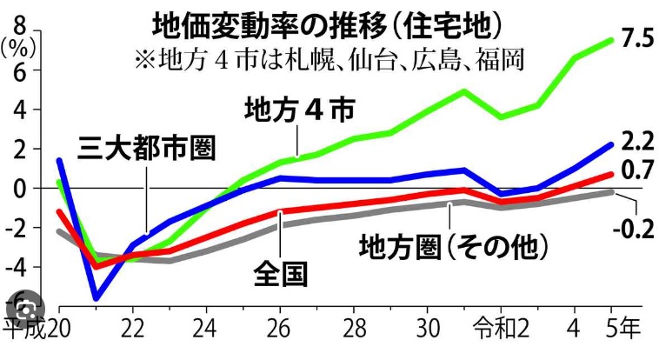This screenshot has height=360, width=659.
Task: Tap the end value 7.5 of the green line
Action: [632, 40]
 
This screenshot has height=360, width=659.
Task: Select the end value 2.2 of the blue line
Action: [632, 141]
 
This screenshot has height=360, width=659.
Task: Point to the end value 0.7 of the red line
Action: [632, 168]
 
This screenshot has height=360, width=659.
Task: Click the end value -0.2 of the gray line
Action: [633, 230]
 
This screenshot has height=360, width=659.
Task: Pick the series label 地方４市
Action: [300, 111]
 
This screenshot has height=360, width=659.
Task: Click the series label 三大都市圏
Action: [147, 147]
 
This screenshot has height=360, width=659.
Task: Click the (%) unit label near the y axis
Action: [17, 48]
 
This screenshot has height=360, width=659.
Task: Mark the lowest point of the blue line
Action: [96, 298]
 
